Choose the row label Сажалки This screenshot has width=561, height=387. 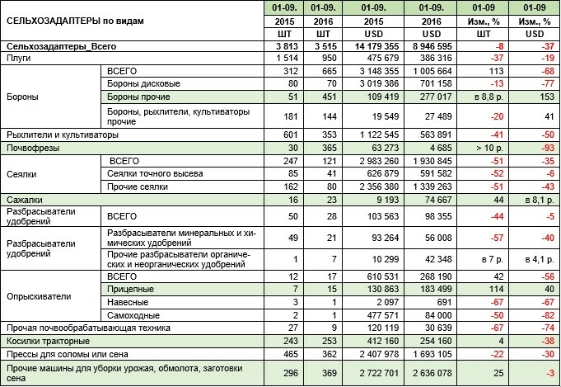point(24,200)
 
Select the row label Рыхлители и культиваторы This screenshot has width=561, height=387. point(62,134)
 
